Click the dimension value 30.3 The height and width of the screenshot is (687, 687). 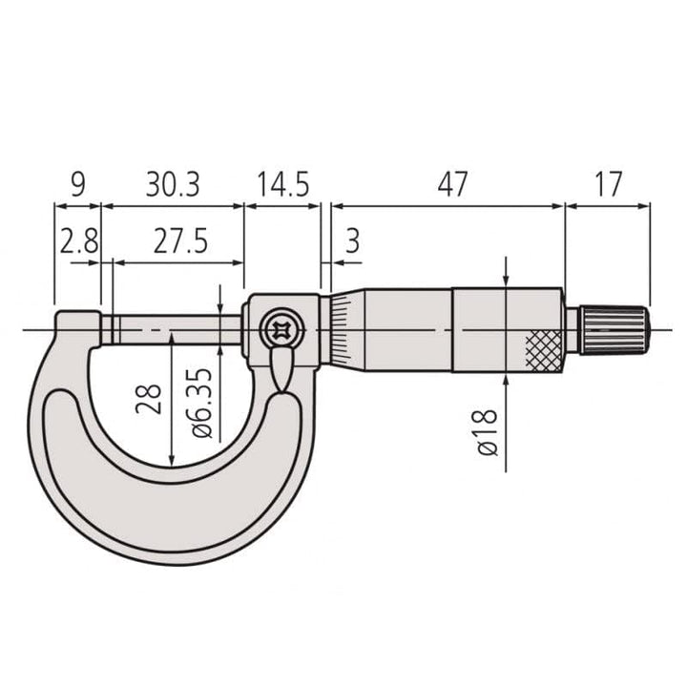173,184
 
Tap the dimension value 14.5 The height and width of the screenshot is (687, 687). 282,184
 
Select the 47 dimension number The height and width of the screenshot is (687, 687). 452,184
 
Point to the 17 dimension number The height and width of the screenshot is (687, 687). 608,184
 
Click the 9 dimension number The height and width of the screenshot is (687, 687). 78,184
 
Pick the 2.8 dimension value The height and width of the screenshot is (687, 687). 79,241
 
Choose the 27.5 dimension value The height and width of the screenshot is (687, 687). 180,241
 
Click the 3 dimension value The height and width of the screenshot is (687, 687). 352,241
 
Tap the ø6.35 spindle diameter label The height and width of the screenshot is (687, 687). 202,403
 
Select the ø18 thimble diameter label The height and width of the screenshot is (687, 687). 487,432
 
